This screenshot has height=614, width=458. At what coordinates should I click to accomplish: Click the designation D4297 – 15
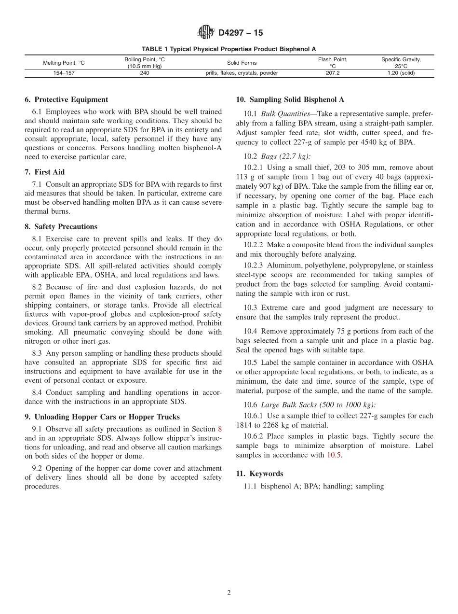click(x=241, y=33)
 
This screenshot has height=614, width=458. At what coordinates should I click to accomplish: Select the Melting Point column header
click(x=64, y=63)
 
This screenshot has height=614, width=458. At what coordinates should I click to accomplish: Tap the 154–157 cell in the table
click(x=64, y=73)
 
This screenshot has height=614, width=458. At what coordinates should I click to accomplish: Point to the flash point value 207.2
click(x=333, y=73)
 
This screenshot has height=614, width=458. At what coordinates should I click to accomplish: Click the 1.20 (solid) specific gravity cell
click(x=401, y=73)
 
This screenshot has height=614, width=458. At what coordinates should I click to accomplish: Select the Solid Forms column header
click(x=242, y=63)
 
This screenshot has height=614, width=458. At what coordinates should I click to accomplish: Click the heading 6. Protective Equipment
click(x=66, y=100)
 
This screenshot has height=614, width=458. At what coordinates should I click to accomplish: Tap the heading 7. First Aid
click(x=44, y=172)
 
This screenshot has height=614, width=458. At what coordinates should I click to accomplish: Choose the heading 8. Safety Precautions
click(x=61, y=227)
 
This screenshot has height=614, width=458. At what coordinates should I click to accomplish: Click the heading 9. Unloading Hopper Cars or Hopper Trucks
click(x=102, y=417)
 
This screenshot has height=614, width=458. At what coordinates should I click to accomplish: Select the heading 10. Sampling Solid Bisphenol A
click(x=290, y=100)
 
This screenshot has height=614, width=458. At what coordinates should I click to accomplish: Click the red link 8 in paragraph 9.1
click(x=220, y=429)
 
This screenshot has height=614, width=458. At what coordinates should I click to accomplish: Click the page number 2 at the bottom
click(x=229, y=593)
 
